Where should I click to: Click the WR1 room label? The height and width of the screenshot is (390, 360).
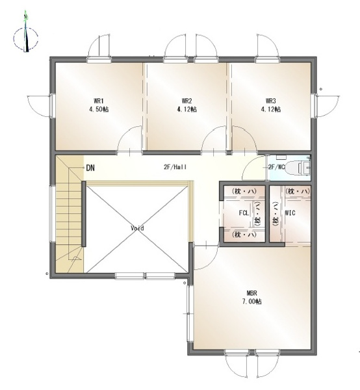click(x=99, y=101)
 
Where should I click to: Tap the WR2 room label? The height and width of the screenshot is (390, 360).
click(x=186, y=101)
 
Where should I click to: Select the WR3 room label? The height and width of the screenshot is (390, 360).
click(x=271, y=101)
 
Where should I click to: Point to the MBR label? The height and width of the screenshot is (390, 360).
click(x=251, y=293)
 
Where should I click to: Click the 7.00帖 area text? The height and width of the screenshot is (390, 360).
click(x=251, y=302)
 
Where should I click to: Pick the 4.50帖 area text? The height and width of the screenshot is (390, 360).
click(x=99, y=109)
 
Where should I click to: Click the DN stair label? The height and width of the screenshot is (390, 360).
click(x=90, y=168)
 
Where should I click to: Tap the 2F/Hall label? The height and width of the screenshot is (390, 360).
click(x=175, y=167)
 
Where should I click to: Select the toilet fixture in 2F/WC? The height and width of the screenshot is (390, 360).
click(x=298, y=168)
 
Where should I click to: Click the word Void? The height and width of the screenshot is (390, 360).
click(x=137, y=228)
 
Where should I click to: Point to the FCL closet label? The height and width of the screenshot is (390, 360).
click(x=244, y=213)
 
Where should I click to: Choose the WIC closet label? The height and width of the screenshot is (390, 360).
click(x=290, y=213)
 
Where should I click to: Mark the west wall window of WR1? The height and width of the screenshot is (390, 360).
click(x=52, y=105)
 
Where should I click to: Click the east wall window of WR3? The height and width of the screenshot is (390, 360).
click(x=314, y=105)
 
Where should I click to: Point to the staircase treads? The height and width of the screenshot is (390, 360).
click(x=69, y=214)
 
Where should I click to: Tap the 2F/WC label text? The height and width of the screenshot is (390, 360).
click(x=276, y=167)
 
